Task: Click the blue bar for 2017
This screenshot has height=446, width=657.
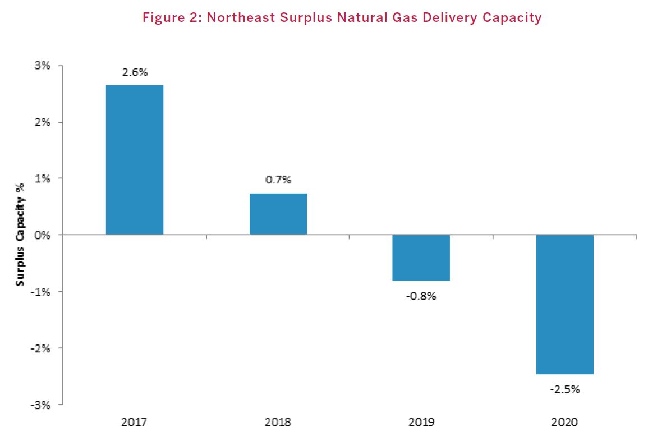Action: (135, 160)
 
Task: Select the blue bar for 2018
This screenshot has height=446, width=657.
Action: (278, 214)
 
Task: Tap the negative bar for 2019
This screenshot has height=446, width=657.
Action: (421, 258)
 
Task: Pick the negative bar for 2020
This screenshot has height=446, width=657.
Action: (565, 304)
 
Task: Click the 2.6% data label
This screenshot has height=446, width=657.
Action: (135, 72)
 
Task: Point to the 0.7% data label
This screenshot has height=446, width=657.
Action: (278, 180)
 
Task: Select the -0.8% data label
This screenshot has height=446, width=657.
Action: (421, 296)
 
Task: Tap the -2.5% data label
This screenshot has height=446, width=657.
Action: (564, 389)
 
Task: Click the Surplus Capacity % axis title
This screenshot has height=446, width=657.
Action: (20, 235)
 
